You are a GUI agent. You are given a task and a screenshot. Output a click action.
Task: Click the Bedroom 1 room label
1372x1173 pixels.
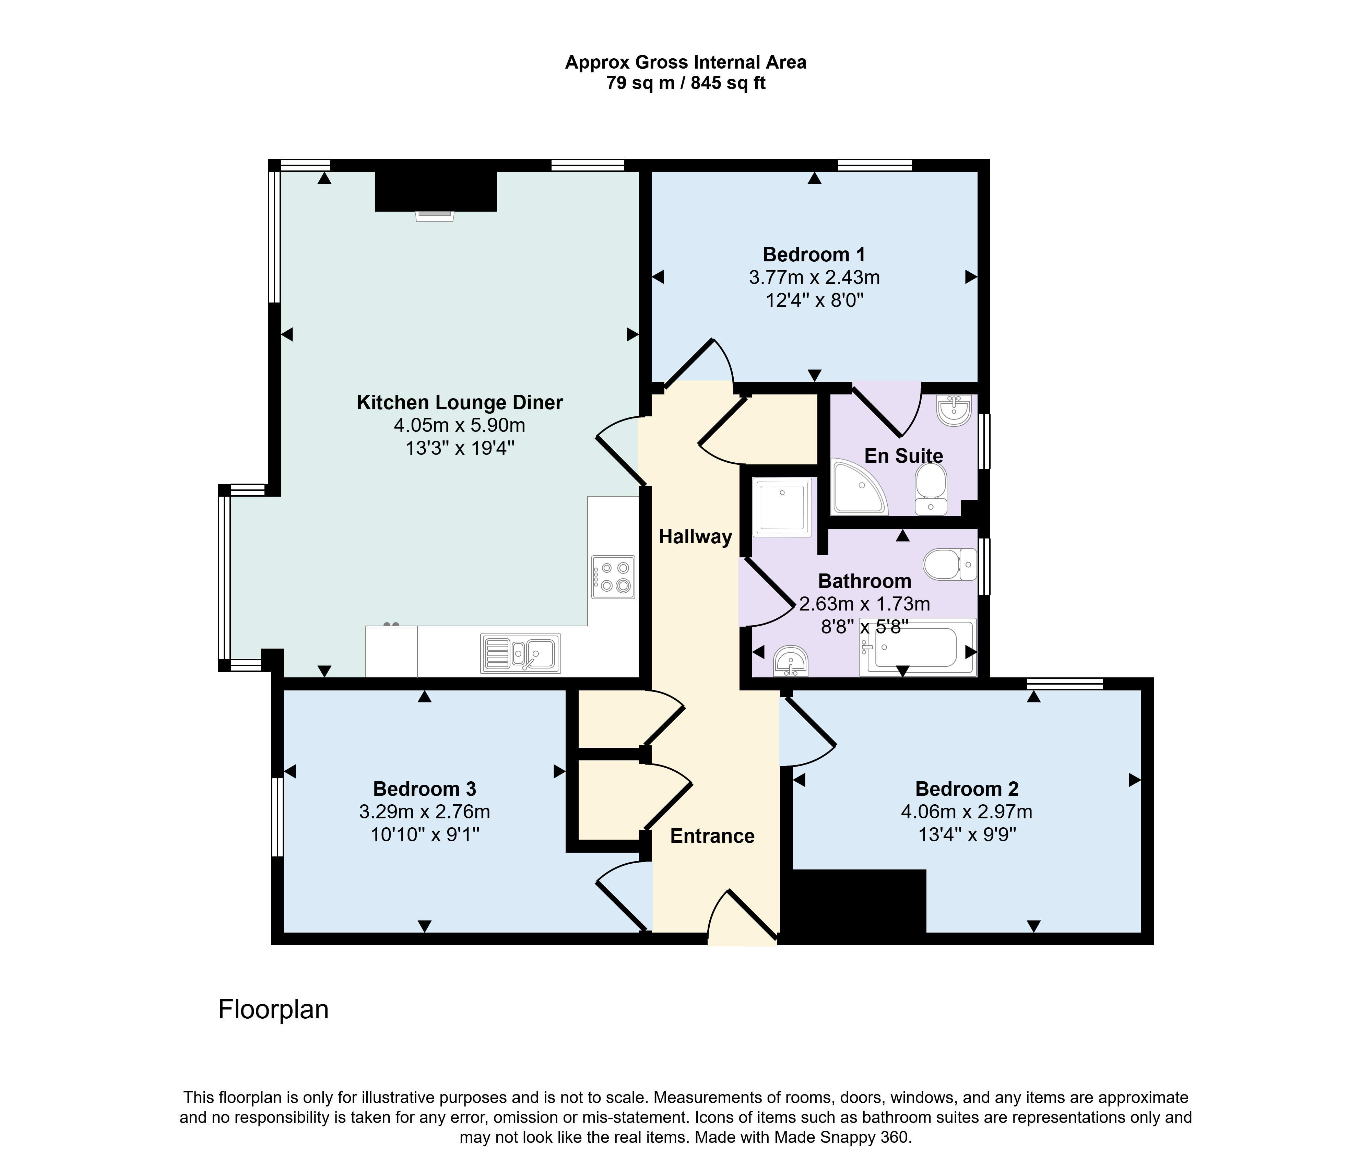(814, 254)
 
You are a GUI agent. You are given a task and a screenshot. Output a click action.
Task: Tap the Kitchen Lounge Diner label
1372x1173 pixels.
(460, 402)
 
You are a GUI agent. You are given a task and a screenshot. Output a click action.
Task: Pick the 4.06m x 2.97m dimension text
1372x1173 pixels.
(967, 811)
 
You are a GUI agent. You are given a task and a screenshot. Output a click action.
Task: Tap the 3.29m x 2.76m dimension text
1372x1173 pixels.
(424, 811)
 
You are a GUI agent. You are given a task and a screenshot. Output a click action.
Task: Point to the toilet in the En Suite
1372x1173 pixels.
(931, 488)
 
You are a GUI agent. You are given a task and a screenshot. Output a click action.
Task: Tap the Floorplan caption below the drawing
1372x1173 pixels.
(273, 1009)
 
